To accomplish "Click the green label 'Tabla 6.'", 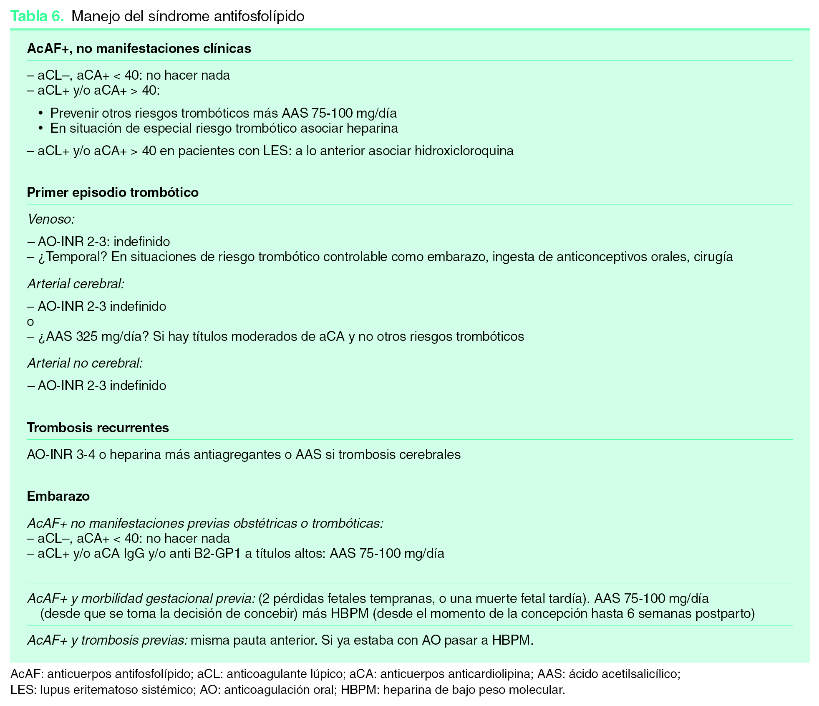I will (37, 16).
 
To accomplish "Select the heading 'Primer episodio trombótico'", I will (113, 192).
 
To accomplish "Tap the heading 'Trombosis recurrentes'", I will (98, 428).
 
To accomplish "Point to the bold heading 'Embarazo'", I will (58, 496).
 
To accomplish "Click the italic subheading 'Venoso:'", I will (51, 219).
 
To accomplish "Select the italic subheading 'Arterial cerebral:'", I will (76, 284).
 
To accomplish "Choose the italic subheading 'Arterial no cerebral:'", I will (85, 363).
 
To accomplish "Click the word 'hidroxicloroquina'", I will (464, 151).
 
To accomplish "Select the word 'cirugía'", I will (713, 257).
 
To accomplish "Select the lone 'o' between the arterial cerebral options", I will (30, 322).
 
